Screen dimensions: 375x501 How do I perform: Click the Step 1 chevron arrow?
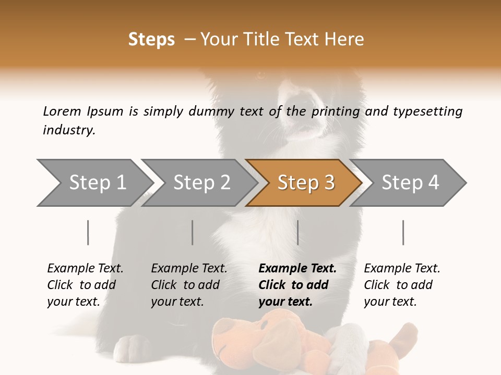coord(94,183)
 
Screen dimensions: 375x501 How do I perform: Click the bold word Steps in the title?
coord(151,40)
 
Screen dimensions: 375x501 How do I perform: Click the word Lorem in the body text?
coord(62,111)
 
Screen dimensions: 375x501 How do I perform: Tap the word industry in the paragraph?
coord(68,130)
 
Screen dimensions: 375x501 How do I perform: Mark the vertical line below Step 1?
coord(88,232)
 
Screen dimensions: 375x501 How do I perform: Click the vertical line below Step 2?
coord(193,232)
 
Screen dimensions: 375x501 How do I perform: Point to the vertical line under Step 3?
coord(297,232)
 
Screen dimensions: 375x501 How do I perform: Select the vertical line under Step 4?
coord(403,232)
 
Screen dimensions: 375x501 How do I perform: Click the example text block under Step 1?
coord(85,285)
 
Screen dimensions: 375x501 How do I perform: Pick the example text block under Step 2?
coord(189,285)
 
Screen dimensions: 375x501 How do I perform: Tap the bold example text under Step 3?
coord(297,285)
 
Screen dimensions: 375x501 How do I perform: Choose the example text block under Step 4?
coord(402,285)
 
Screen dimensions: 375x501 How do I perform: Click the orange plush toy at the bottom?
coord(277,344)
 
